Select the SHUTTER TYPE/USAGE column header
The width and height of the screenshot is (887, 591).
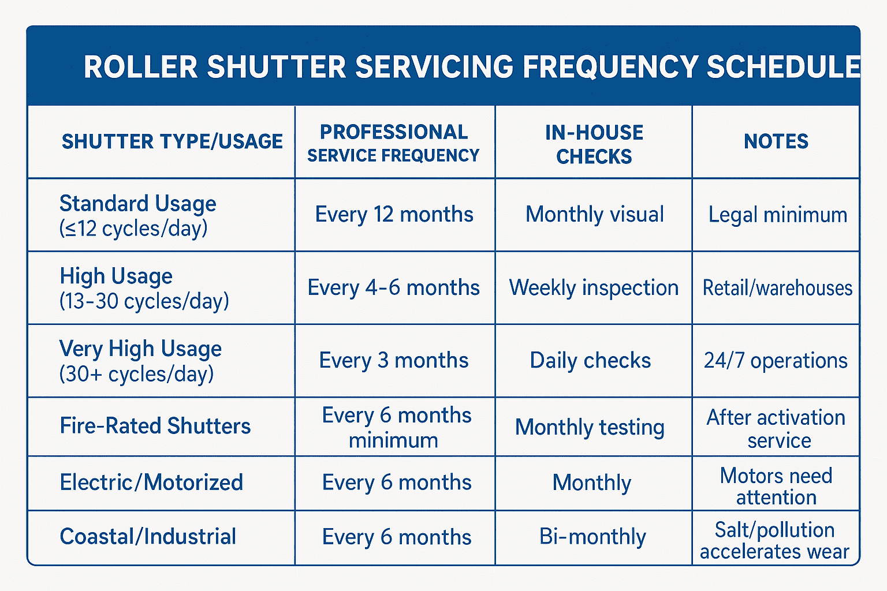(x=172, y=141)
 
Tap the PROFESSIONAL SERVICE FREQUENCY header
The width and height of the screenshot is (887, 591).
(x=394, y=143)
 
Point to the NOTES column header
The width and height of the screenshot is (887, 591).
(x=776, y=141)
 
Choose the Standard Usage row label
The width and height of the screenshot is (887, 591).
(x=137, y=215)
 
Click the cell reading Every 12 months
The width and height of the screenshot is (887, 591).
(x=394, y=215)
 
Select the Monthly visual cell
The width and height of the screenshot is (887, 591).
(x=594, y=215)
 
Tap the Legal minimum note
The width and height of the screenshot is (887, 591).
(x=777, y=215)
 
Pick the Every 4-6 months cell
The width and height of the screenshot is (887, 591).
(x=393, y=287)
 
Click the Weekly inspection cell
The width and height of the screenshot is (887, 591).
(x=594, y=287)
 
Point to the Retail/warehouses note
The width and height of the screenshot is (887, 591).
(x=777, y=287)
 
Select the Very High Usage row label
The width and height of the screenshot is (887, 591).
(x=140, y=361)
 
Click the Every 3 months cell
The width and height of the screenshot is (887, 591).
(x=394, y=360)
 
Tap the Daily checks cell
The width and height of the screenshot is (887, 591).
(x=590, y=360)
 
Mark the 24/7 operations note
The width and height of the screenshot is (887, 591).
(x=776, y=360)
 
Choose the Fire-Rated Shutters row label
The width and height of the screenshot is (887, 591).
(x=155, y=426)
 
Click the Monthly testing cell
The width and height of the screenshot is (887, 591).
(x=590, y=427)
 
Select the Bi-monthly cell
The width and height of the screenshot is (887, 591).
(x=592, y=537)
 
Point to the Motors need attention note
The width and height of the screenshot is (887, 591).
(x=776, y=486)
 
